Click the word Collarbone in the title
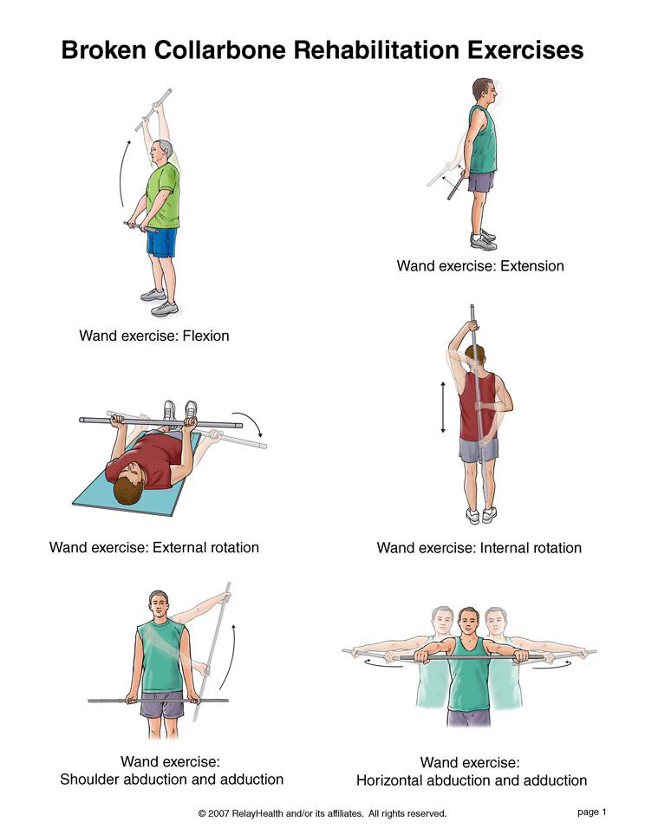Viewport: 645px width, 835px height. pos(219,50)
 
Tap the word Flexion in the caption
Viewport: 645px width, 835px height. pos(205,336)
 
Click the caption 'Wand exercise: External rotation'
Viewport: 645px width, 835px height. pos(154,547)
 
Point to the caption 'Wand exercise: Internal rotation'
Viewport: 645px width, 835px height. pos(479,548)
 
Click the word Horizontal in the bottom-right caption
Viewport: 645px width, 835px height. pos(390,780)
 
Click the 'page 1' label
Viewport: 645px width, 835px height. pos(592,812)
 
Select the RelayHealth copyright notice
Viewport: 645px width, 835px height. pos(322,813)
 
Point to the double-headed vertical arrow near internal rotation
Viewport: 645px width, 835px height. pos(443,408)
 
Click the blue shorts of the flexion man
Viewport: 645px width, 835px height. pos(162,243)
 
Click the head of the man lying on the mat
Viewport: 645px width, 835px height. pos(132,483)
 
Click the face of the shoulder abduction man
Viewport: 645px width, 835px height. pos(159,606)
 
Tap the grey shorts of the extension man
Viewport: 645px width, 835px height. pos(481,181)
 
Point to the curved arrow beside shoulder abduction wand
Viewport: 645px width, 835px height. pos(228,656)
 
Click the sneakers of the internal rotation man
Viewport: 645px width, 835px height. pos(480,515)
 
